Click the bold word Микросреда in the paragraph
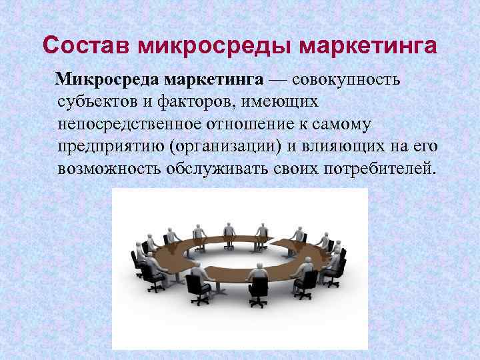(x=105, y=81)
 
